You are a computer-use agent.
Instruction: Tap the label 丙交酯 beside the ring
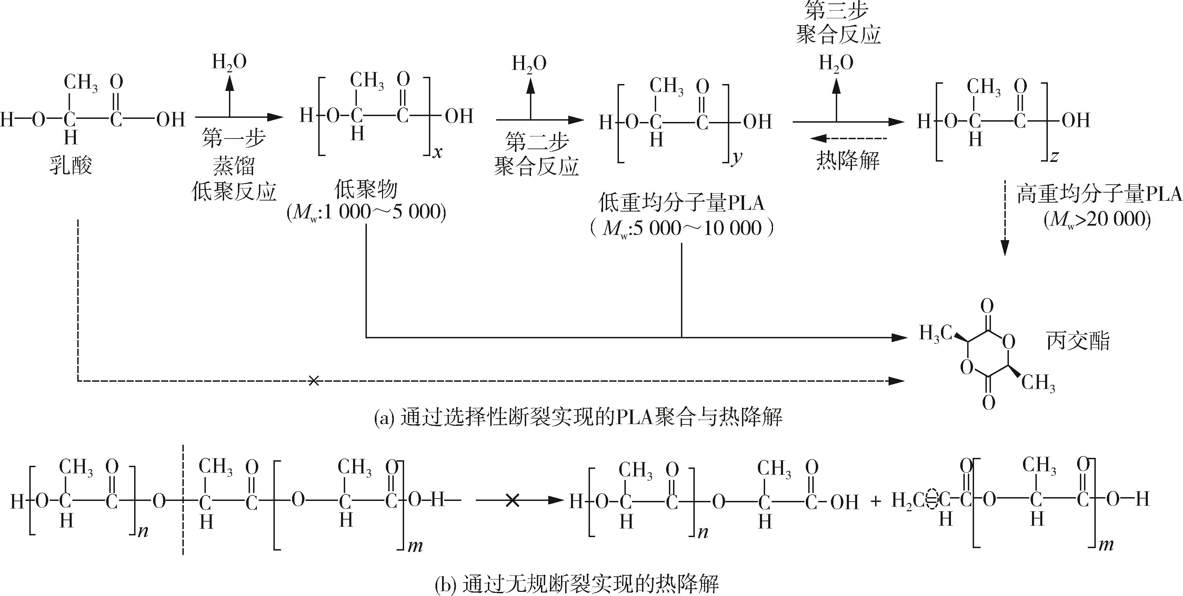1078,341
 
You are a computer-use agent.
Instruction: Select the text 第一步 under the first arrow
234,138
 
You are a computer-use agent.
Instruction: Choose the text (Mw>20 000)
1097,220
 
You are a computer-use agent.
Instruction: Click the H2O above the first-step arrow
229,62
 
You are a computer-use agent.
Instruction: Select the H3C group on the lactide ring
935,333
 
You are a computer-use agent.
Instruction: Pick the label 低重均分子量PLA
682,203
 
